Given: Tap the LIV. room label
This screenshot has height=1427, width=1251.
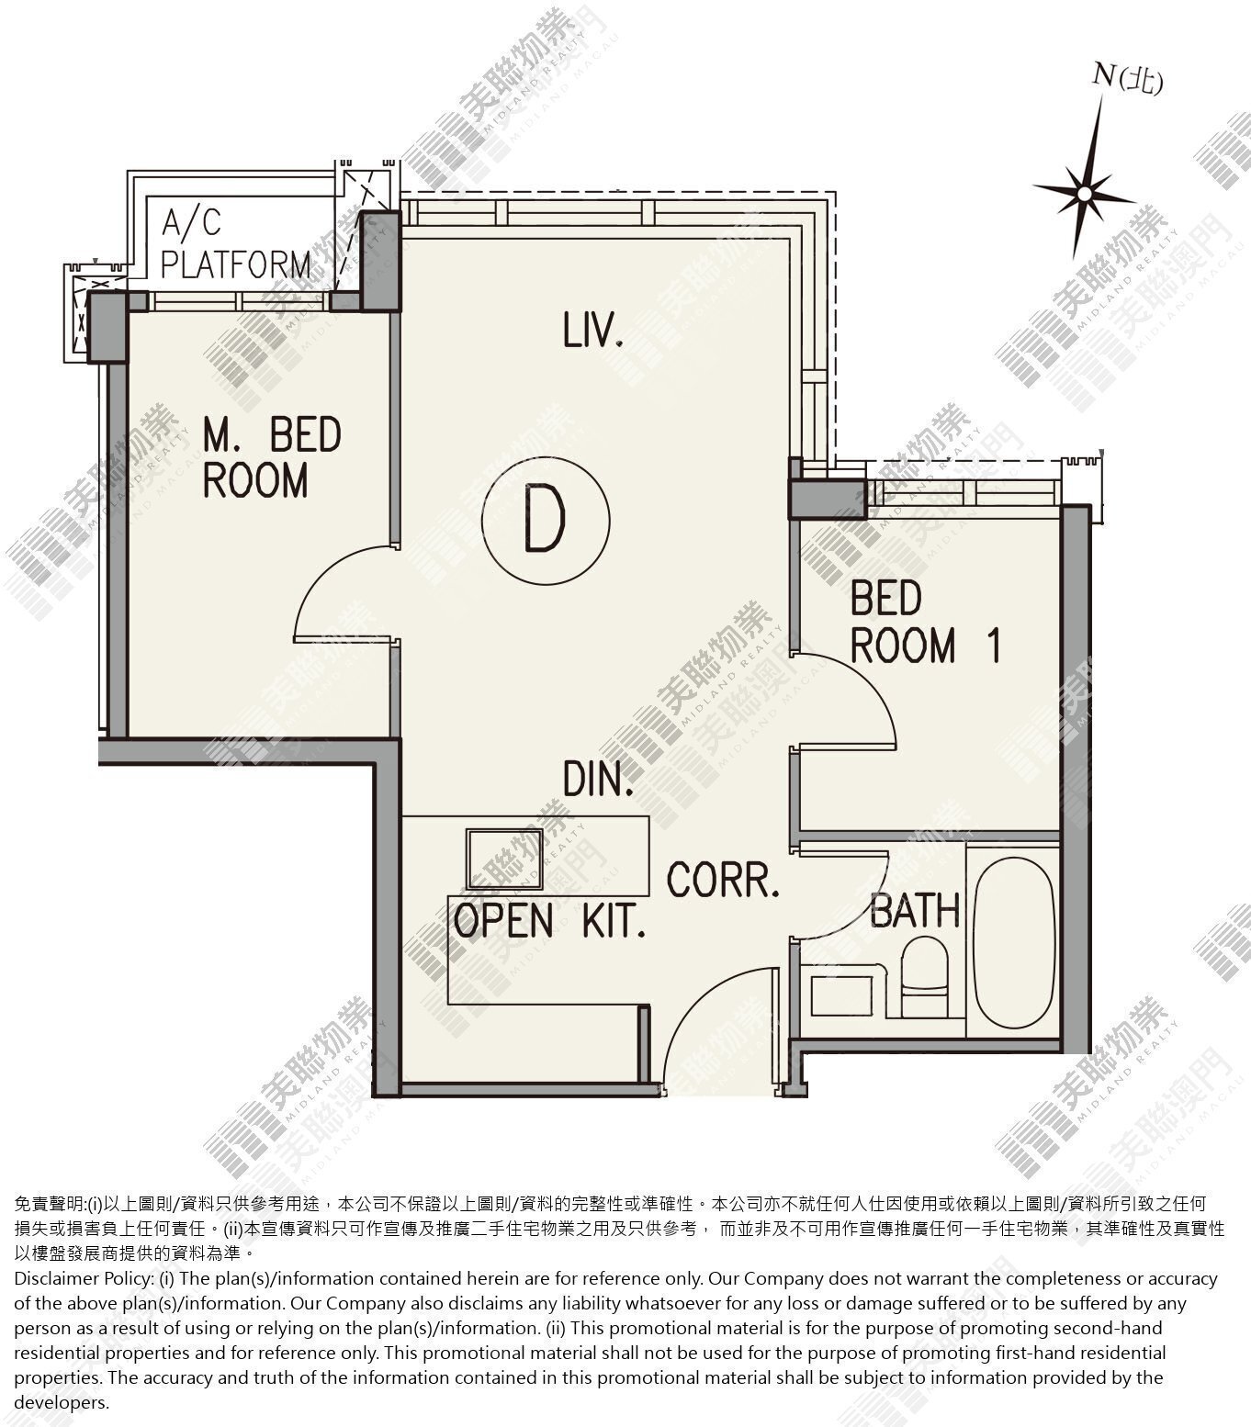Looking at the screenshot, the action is [x=594, y=331].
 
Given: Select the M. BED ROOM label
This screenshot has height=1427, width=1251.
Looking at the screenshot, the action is [x=272, y=457].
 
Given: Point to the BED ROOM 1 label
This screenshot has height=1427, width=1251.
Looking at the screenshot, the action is [x=925, y=622].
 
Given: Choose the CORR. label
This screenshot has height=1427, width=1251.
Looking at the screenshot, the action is [x=724, y=879].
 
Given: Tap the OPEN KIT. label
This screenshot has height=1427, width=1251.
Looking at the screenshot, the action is [x=549, y=921].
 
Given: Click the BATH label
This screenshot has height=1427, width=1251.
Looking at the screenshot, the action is [x=915, y=911].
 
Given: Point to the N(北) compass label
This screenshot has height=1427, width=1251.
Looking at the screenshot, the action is [x=1127, y=80].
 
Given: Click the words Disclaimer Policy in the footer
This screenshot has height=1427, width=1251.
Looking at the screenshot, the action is [x=74, y=1278].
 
